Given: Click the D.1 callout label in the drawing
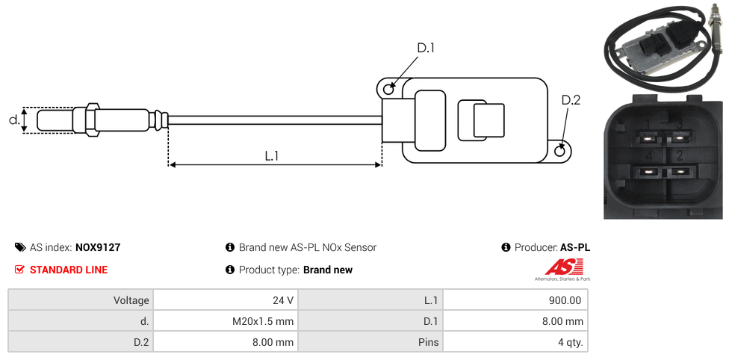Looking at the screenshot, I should [425, 49].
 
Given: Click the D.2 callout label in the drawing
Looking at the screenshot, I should [571, 100].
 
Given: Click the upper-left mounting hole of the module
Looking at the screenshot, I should [388, 90].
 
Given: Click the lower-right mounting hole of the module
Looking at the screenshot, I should [561, 152].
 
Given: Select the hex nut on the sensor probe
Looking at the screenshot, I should [93, 120].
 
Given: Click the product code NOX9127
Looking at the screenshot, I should [98, 247].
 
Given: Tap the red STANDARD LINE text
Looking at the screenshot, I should [68, 270].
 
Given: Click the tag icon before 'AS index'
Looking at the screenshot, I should [20, 247].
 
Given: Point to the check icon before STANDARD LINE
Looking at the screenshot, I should [20, 270].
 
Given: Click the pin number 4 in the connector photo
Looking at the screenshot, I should [649, 156].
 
